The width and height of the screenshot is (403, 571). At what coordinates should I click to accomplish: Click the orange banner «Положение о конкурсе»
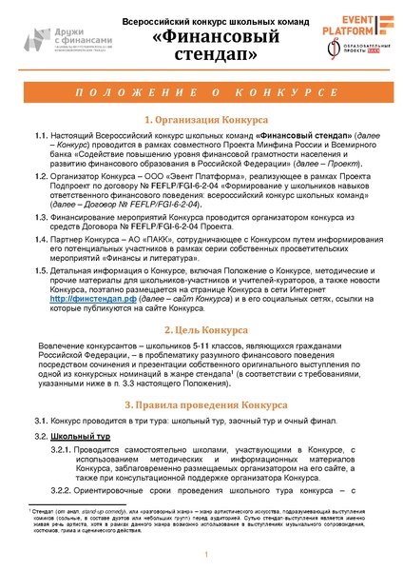[201, 99]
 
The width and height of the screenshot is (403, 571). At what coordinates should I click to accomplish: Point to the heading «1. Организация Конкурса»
[201, 122]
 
